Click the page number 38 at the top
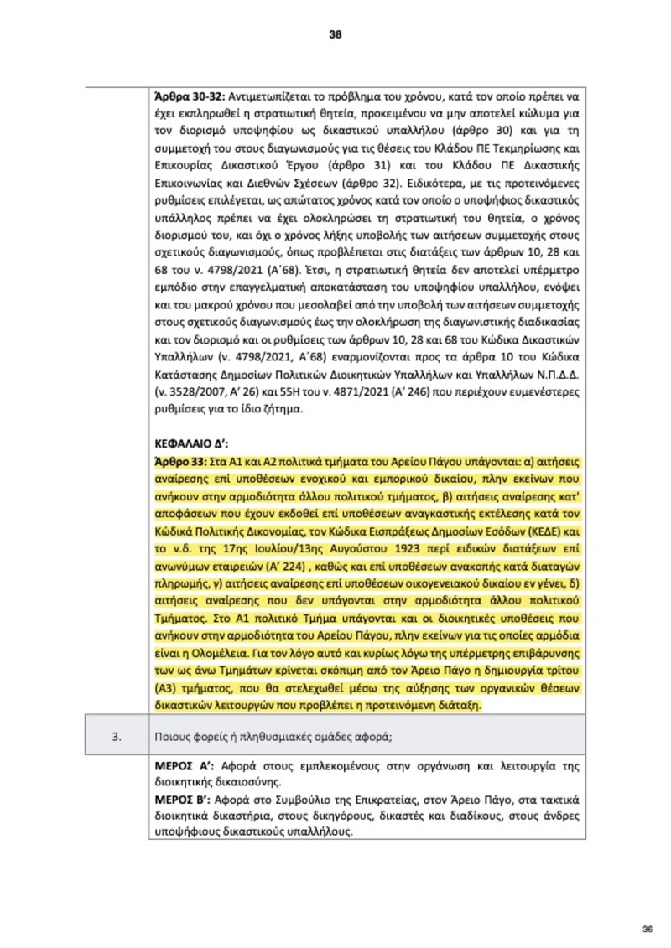click(x=335, y=34)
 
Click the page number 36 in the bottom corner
click(x=647, y=928)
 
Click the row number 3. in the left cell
click(x=118, y=737)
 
